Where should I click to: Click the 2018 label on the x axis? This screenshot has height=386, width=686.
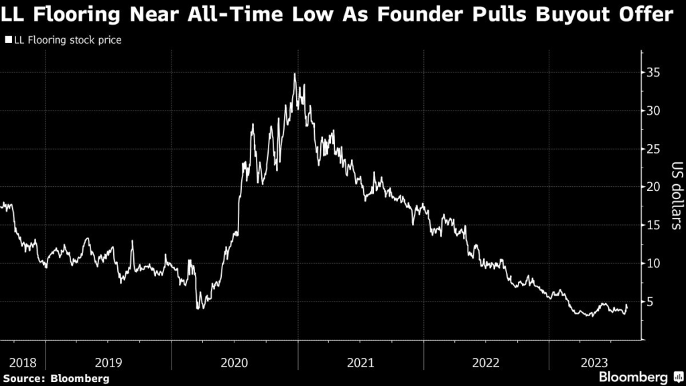(x=22, y=363)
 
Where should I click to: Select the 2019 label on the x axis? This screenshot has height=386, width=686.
(x=109, y=363)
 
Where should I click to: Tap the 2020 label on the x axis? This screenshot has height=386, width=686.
(x=234, y=363)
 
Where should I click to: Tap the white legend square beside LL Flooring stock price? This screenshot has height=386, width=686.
(x=8, y=40)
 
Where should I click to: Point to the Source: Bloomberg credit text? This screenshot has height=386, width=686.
(x=55, y=379)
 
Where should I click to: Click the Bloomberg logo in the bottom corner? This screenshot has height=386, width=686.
(x=638, y=377)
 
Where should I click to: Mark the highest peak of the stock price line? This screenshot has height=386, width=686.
(x=294, y=74)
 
